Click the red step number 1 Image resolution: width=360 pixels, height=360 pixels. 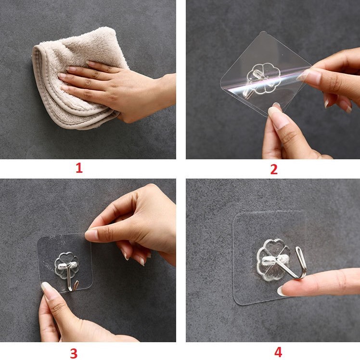click(x=79, y=168)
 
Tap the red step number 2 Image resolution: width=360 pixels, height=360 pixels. click(x=274, y=169)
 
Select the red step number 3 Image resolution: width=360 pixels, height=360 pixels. click(x=74, y=354)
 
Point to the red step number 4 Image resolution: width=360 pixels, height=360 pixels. click(x=278, y=352)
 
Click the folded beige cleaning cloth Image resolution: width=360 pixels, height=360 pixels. click(x=76, y=76)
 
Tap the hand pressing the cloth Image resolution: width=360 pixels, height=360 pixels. click(x=115, y=90)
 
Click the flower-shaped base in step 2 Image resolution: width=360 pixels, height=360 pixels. click(x=264, y=78)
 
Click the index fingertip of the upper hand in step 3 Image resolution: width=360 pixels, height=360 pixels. click(x=90, y=235)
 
